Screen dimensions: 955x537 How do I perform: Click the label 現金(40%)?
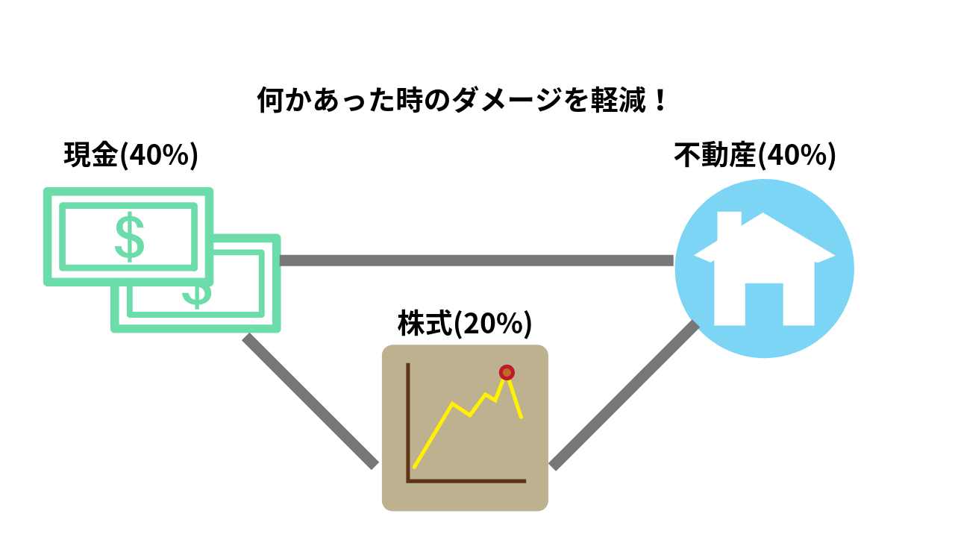(x=131, y=154)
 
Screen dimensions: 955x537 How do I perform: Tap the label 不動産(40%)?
(x=755, y=154)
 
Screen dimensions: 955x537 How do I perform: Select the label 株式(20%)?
(x=465, y=324)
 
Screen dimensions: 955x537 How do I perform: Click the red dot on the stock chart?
(x=507, y=372)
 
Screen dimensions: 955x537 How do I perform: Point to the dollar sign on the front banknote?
(x=130, y=236)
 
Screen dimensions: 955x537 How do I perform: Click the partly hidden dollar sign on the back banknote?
(x=197, y=296)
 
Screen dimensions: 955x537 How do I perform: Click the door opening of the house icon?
(x=764, y=304)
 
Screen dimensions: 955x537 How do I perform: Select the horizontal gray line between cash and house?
(x=477, y=260)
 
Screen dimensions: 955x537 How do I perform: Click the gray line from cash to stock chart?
(x=310, y=401)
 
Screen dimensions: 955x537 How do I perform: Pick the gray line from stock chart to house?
(x=624, y=395)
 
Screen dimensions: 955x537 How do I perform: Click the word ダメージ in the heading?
(x=507, y=100)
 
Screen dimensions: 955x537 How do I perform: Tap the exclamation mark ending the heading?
(x=660, y=100)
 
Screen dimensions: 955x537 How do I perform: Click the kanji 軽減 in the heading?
(x=619, y=100)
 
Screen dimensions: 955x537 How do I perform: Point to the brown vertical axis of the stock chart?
(x=408, y=422)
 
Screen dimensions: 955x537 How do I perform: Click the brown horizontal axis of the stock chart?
(x=466, y=481)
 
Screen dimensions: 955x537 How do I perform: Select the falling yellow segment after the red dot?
(x=515, y=398)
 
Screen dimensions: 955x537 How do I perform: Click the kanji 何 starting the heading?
(x=270, y=100)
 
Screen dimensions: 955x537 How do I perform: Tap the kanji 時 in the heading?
(x=410, y=100)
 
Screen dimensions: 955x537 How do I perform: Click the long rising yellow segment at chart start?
(x=433, y=435)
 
